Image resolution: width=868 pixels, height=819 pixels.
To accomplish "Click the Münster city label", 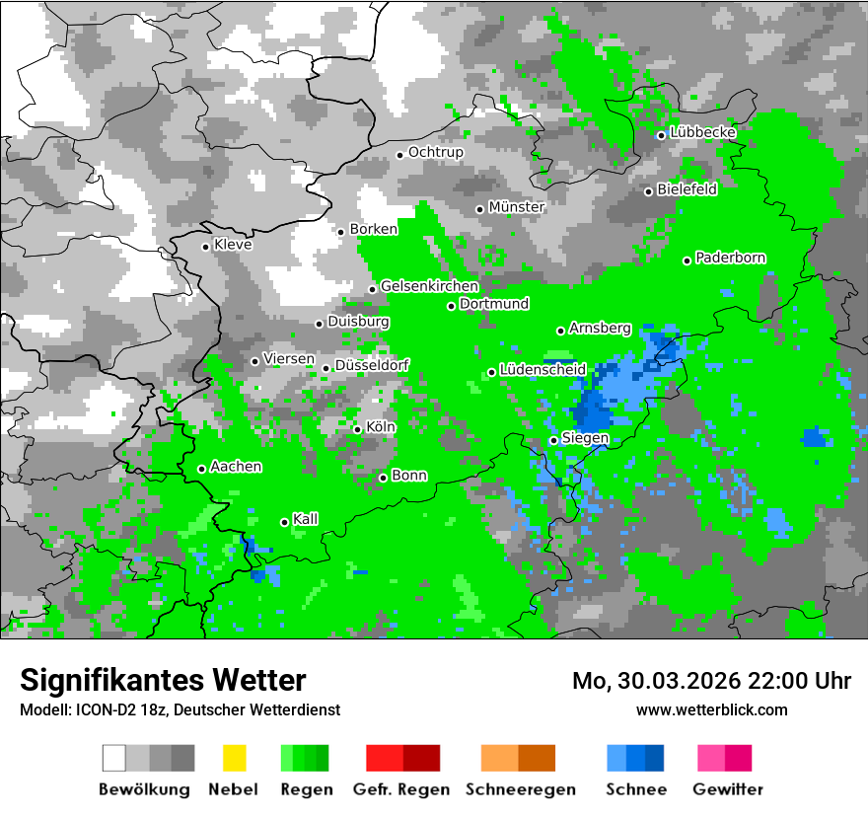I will pos(516,207).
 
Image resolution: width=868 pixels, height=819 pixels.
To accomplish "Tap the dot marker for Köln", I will pos(357,429).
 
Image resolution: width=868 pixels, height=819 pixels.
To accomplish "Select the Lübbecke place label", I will pos(702,132).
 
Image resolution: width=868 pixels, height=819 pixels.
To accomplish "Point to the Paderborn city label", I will pos(730,259).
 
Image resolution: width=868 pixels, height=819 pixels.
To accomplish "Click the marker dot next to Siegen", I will pos(553,440).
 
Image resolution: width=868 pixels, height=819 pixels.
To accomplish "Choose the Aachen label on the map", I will pos(236,467).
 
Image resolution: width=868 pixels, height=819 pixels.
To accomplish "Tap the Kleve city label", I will pos(233,245).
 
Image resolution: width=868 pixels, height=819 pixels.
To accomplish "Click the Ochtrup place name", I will pos(435,153).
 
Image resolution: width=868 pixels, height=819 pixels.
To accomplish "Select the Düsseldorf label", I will pos(371,365).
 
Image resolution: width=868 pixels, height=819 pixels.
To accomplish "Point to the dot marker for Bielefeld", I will pos(648,191).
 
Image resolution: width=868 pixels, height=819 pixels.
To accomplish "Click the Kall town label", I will pos(305,519).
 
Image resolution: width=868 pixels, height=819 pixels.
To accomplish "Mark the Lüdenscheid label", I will pos(542,370).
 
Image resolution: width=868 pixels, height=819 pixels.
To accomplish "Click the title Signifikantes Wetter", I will pos(163,680).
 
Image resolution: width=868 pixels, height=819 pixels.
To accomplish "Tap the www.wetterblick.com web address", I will pos(711,709).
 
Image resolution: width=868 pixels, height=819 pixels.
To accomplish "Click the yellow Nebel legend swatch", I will pos(234,758).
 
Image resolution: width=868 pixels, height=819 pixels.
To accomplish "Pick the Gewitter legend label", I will pos(727,789).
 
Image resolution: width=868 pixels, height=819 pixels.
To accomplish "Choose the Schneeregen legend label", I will pos(520,789).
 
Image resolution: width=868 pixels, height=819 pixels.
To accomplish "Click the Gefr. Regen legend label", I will pos(401,789).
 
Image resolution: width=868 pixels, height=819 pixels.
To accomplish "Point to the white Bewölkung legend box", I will pos(114,758).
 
